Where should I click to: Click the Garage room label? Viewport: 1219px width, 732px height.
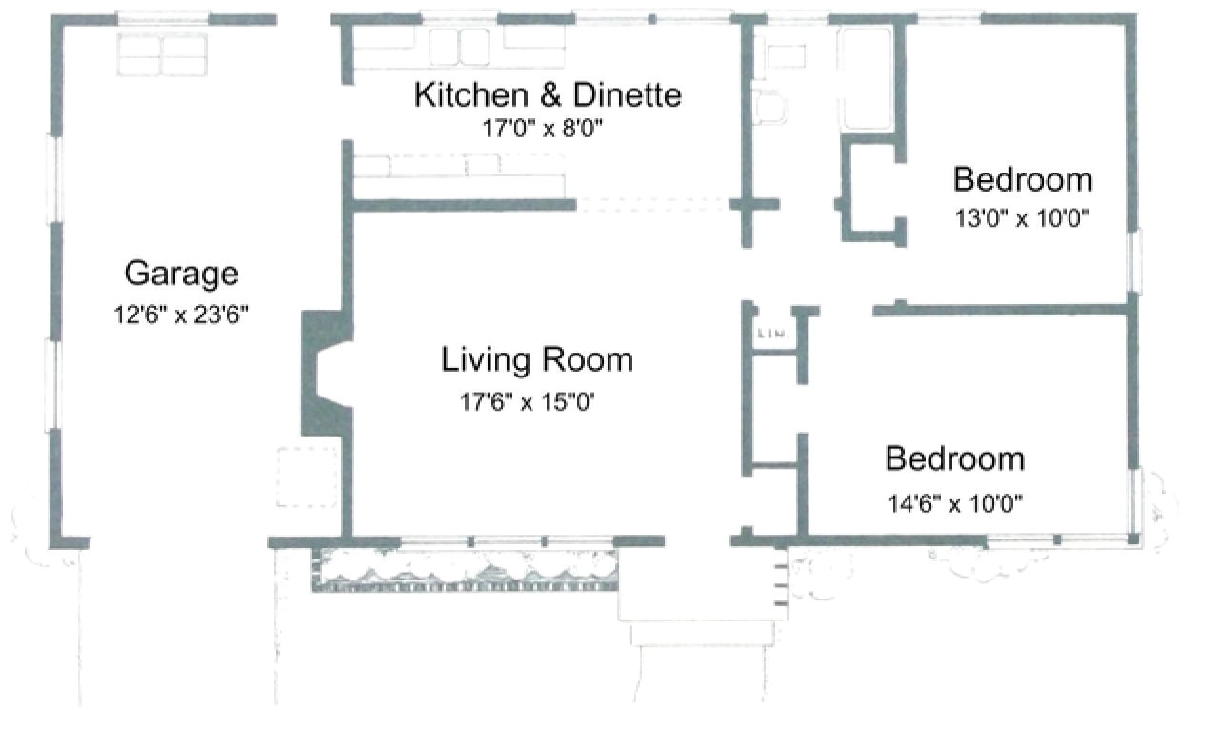tap(181, 274)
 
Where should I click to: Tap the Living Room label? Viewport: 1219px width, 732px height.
tap(536, 360)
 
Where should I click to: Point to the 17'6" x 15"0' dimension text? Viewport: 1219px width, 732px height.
tap(534, 402)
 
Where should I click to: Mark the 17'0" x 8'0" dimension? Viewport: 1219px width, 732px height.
tap(544, 129)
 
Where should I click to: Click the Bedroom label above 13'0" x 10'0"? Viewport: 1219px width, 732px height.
tap(1022, 179)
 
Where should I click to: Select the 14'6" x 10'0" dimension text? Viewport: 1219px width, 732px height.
tap(955, 503)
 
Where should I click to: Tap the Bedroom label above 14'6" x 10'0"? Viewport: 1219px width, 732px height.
tap(954, 458)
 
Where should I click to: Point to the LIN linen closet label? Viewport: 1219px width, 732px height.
tap(769, 334)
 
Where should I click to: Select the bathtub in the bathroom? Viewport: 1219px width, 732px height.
tap(866, 78)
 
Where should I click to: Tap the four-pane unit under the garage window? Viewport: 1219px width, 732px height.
tap(161, 55)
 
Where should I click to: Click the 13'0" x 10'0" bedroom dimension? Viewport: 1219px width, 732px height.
tap(1022, 218)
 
